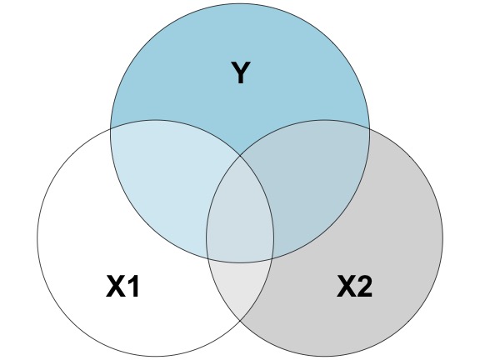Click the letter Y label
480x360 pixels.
pos(241,72)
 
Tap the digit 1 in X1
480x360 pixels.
pos(133,286)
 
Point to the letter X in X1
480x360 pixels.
pos(116,286)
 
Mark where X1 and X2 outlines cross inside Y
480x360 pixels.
pos(240,156)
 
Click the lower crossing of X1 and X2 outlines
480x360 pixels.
pos(240,320)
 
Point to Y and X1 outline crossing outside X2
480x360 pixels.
pos(111,128)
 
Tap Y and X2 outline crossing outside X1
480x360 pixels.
pos(369,128)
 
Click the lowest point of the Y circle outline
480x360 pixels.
pos(240,262)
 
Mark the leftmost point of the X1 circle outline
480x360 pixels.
pos(37,237)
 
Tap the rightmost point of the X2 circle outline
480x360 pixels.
pos(442,237)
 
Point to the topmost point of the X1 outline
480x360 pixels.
pos(156,120)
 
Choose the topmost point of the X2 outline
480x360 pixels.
pos(324,120)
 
